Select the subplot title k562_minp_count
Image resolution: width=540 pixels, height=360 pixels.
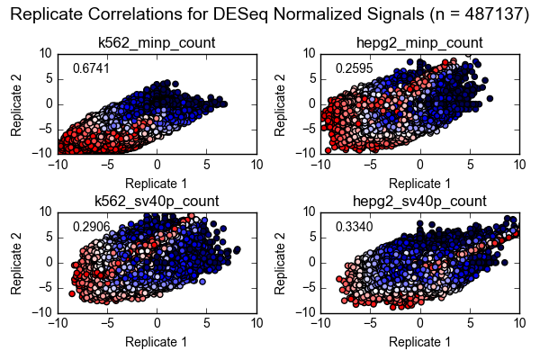tap(157, 42)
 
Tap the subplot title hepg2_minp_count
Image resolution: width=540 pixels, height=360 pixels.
tap(419, 42)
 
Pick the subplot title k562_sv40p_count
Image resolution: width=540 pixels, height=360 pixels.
tap(157, 200)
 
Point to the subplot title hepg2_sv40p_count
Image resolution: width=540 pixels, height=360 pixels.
tap(419, 200)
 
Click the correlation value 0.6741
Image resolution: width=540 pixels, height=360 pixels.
tap(87, 68)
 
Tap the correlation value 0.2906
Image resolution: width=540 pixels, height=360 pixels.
tap(87, 227)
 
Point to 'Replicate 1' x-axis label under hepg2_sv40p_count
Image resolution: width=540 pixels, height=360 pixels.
tap(419, 342)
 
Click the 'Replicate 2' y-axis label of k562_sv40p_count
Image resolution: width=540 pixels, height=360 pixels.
tap(16, 262)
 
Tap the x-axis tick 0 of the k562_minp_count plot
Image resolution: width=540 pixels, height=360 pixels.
tap(157, 165)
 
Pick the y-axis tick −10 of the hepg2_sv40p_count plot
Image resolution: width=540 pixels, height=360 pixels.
tap(304, 312)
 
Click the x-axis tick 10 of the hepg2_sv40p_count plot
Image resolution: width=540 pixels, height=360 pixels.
tap(518, 323)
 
